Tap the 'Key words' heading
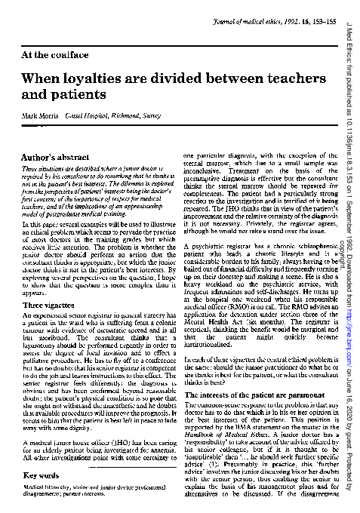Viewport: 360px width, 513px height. click(43, 477)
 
